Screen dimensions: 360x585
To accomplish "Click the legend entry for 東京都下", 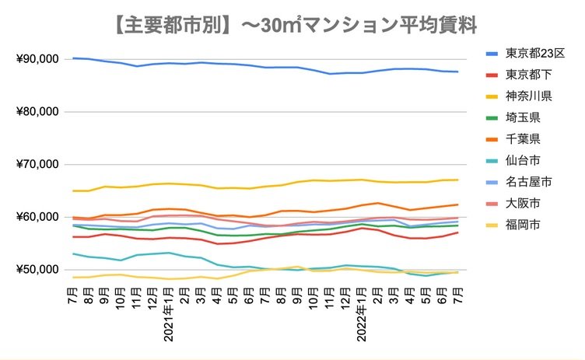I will point(529,75).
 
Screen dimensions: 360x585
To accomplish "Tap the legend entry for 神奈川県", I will point(529,97).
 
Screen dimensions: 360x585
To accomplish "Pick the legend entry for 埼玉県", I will point(524,119).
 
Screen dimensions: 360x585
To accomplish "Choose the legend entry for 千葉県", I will point(524,140).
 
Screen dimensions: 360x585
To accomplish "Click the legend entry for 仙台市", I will point(524,162).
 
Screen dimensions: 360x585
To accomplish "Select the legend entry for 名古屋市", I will point(529,183).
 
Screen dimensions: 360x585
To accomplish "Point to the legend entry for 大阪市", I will point(524,204).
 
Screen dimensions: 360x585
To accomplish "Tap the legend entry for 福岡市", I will point(524,226).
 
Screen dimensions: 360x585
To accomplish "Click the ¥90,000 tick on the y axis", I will point(37,59).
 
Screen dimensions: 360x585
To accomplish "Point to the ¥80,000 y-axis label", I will point(37,112).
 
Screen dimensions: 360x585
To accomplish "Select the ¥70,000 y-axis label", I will point(37,165).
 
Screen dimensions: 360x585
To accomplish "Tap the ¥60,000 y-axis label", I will point(37,217).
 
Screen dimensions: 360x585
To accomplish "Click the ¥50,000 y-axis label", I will point(37,270).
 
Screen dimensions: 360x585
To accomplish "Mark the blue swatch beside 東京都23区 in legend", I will point(492,54).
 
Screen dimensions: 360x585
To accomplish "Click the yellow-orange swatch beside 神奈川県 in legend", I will point(492,97).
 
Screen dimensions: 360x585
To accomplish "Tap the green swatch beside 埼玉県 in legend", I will point(492,119).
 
